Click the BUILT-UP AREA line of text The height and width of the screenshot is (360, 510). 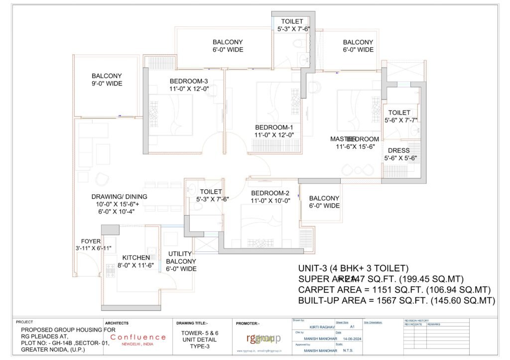tap(396, 301)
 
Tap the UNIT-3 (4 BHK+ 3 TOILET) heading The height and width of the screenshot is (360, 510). tap(353, 267)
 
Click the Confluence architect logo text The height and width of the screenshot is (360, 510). tap(138, 337)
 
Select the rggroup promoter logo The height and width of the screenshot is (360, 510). tap(263, 339)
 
